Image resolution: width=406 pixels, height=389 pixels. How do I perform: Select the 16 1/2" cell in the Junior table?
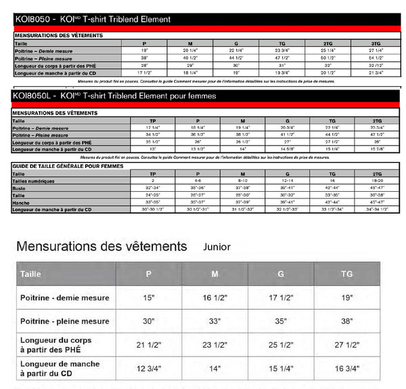[215, 298]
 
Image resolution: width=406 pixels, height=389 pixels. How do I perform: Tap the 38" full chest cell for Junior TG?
[347, 321]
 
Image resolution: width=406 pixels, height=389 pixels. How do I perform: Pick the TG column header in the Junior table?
[347, 274]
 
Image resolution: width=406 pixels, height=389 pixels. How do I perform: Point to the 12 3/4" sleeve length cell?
[149, 369]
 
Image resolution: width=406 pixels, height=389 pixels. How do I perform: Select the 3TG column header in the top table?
[376, 43]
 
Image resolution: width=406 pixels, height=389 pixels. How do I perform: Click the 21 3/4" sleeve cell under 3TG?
[376, 73]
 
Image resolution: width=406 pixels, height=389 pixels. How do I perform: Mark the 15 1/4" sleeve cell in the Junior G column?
[281, 369]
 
